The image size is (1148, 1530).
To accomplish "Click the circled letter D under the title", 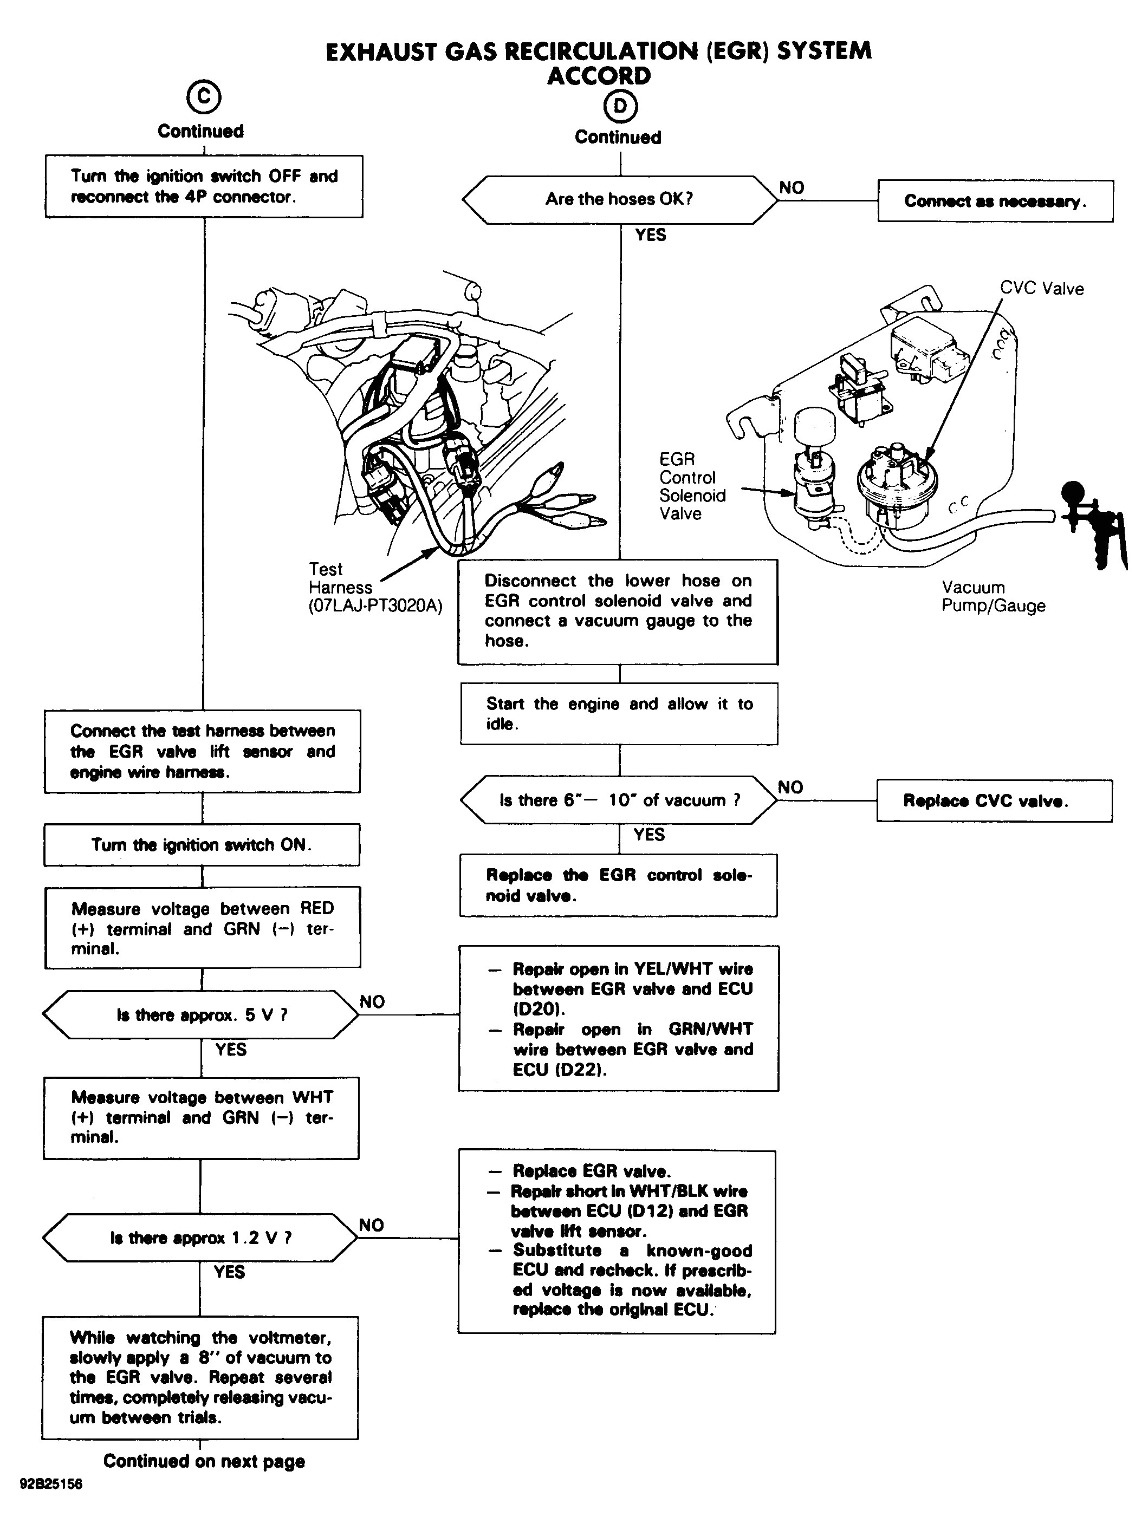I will pyautogui.click(x=620, y=106).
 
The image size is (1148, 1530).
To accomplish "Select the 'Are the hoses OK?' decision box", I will pyautogui.click(x=619, y=199).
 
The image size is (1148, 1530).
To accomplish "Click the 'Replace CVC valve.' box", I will pyautogui.click(x=994, y=801).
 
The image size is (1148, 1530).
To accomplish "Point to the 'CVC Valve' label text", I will pyautogui.click(x=1041, y=289).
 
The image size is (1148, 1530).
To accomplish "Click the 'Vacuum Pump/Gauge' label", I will pyautogui.click(x=993, y=596).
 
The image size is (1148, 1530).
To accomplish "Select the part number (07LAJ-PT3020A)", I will pyautogui.click(x=375, y=606).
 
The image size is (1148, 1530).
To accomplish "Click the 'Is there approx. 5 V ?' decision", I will pyautogui.click(x=200, y=1015).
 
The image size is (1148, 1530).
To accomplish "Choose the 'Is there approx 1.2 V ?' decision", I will pyautogui.click(x=200, y=1238).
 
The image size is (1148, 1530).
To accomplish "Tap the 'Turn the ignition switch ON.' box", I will pyautogui.click(x=202, y=844).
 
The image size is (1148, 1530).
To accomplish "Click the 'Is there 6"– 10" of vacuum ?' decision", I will pyautogui.click(x=619, y=800).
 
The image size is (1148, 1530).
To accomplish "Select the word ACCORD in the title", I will pyautogui.click(x=599, y=75).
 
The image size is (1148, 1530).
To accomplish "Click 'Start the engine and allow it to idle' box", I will pyautogui.click(x=619, y=714).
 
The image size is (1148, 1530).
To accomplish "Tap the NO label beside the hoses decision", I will pyautogui.click(x=792, y=187).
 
